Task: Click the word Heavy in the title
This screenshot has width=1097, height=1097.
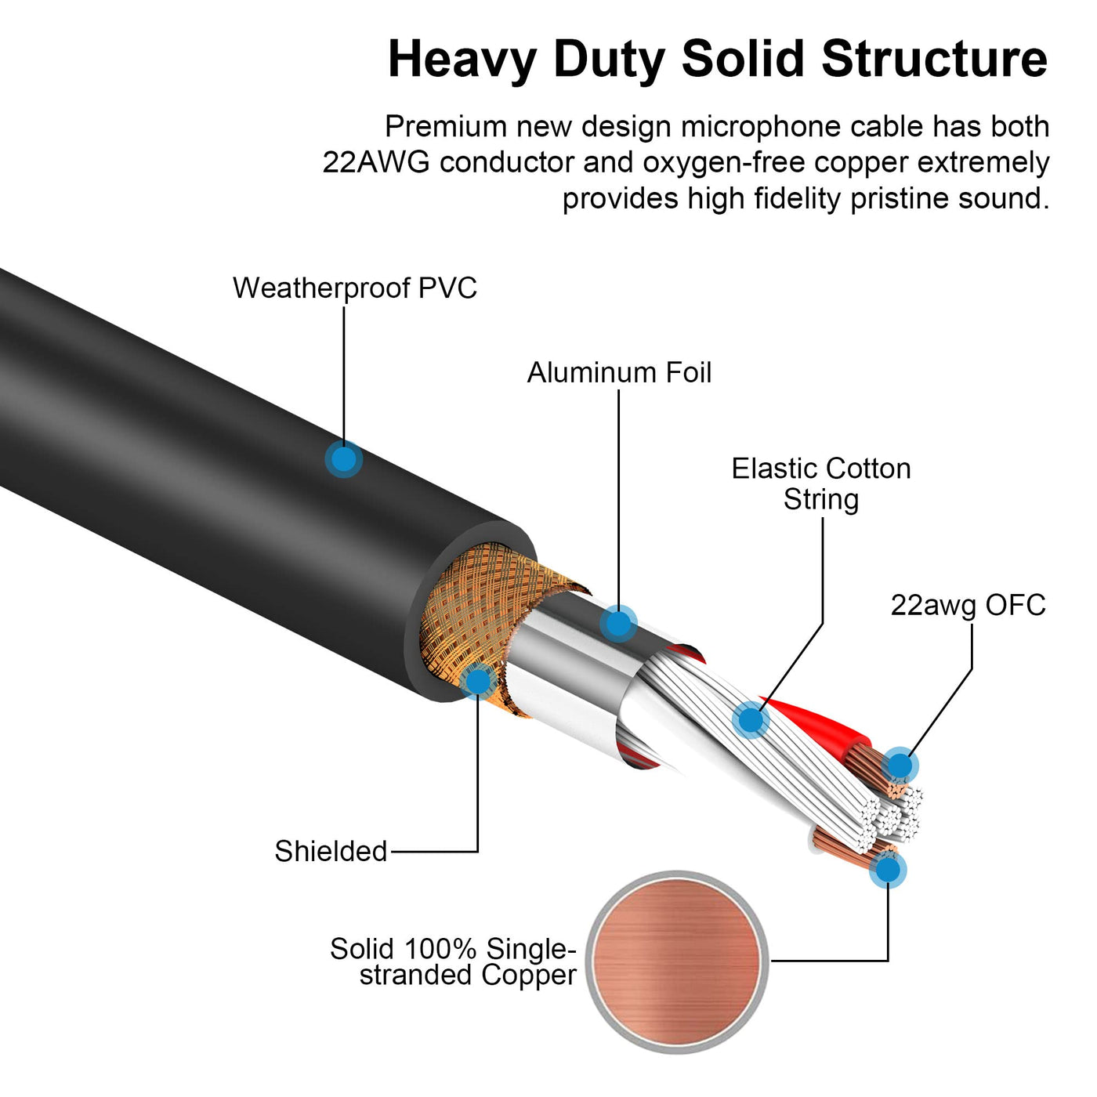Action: coord(462,60)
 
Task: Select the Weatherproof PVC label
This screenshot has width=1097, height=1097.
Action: coord(354,288)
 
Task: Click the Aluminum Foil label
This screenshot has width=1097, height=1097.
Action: coord(619,373)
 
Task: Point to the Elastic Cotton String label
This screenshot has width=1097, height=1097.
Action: coord(821,484)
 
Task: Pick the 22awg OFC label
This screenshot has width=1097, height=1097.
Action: coord(968,606)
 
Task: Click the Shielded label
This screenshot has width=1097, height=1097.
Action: coord(331,852)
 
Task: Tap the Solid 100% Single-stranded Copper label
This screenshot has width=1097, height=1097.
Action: coord(453,962)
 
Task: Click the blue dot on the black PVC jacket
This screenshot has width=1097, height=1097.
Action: coord(343,459)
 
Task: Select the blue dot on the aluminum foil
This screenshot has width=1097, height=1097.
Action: coord(618,624)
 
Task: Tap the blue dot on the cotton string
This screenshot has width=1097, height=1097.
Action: coord(750,719)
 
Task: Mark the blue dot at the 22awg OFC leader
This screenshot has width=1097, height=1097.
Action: coord(900,766)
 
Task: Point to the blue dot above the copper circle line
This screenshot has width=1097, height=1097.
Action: coord(888,870)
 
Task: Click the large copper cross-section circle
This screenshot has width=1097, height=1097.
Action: coord(677,961)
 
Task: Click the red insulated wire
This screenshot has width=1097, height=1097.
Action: coord(815,725)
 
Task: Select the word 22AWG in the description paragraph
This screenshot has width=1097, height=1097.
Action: coord(376,163)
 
